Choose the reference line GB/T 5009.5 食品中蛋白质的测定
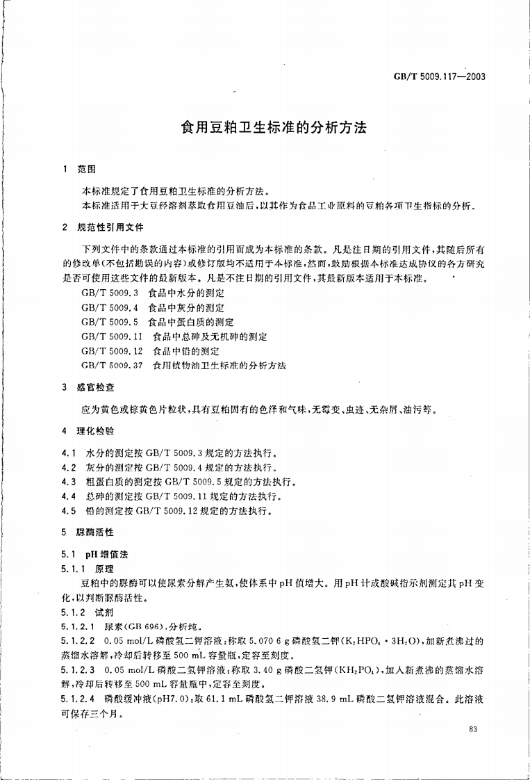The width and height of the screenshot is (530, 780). point(158,322)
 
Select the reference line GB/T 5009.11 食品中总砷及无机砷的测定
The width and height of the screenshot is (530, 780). point(174,336)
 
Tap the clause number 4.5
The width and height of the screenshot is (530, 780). point(69,512)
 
